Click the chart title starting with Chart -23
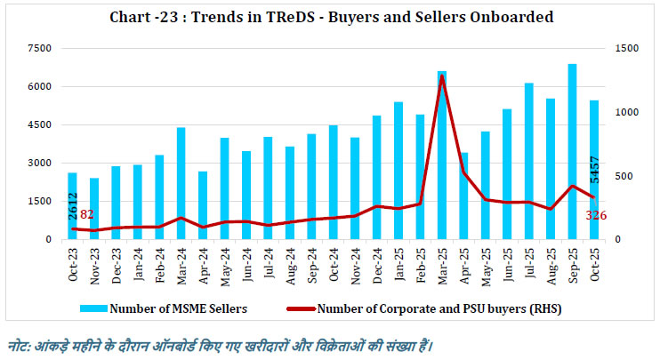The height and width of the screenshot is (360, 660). coord(330,15)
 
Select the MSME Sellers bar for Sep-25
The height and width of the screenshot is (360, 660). coord(572,151)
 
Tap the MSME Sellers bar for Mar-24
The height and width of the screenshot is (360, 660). coord(181,183)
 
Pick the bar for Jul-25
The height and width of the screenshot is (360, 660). coord(528,161)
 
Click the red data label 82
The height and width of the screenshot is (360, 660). coord(87,214)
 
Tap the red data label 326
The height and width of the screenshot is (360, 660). coord(597,216)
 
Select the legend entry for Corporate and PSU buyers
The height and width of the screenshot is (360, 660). coord(418,309)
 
